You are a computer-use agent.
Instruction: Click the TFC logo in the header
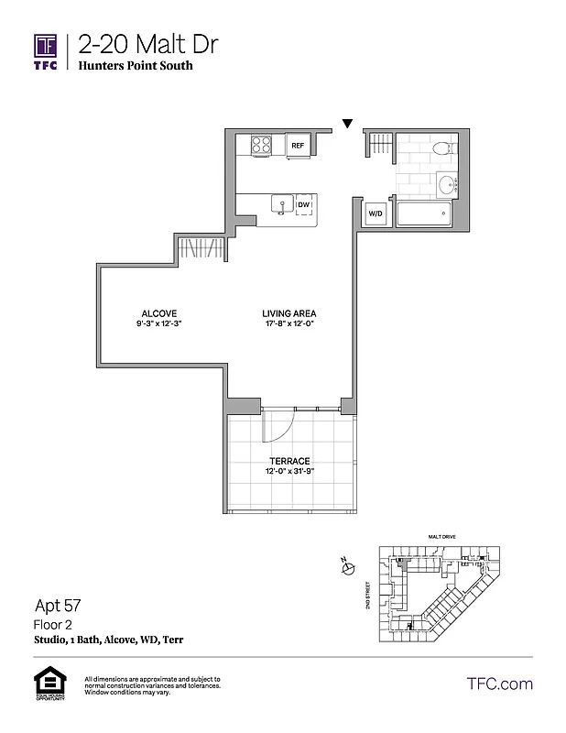tap(46, 50)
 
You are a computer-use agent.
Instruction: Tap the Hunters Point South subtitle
tap(136, 66)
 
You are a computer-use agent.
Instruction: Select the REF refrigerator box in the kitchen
tap(297, 146)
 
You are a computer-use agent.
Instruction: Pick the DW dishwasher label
tap(303, 205)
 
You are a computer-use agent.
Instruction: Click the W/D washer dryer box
tap(376, 213)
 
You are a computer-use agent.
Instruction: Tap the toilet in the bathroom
tap(441, 147)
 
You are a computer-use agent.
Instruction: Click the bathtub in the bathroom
tap(422, 213)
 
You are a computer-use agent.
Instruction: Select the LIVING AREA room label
tap(289, 312)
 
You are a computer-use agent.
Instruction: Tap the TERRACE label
tap(288, 461)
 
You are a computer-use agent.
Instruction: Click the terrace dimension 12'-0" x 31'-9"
tap(288, 472)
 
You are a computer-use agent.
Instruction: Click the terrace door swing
tap(278, 425)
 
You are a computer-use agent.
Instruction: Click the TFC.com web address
tap(499, 684)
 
